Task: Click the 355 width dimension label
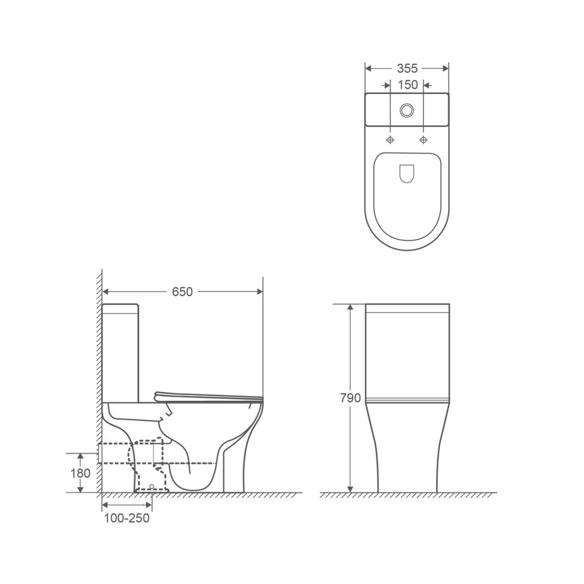pos(407,69)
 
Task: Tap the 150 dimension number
pos(408,85)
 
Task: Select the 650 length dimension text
pos(182,291)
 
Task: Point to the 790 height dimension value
pos(350,398)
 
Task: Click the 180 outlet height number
pos(81,473)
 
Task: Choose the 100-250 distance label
pos(126,518)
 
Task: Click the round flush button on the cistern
pos(407,110)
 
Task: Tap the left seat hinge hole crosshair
pos(390,140)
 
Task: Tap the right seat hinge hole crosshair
pos(423,140)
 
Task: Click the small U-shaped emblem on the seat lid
pos(407,173)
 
